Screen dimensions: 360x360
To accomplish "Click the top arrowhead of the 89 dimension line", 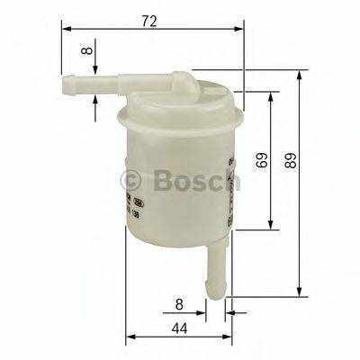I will pos(300,73).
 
